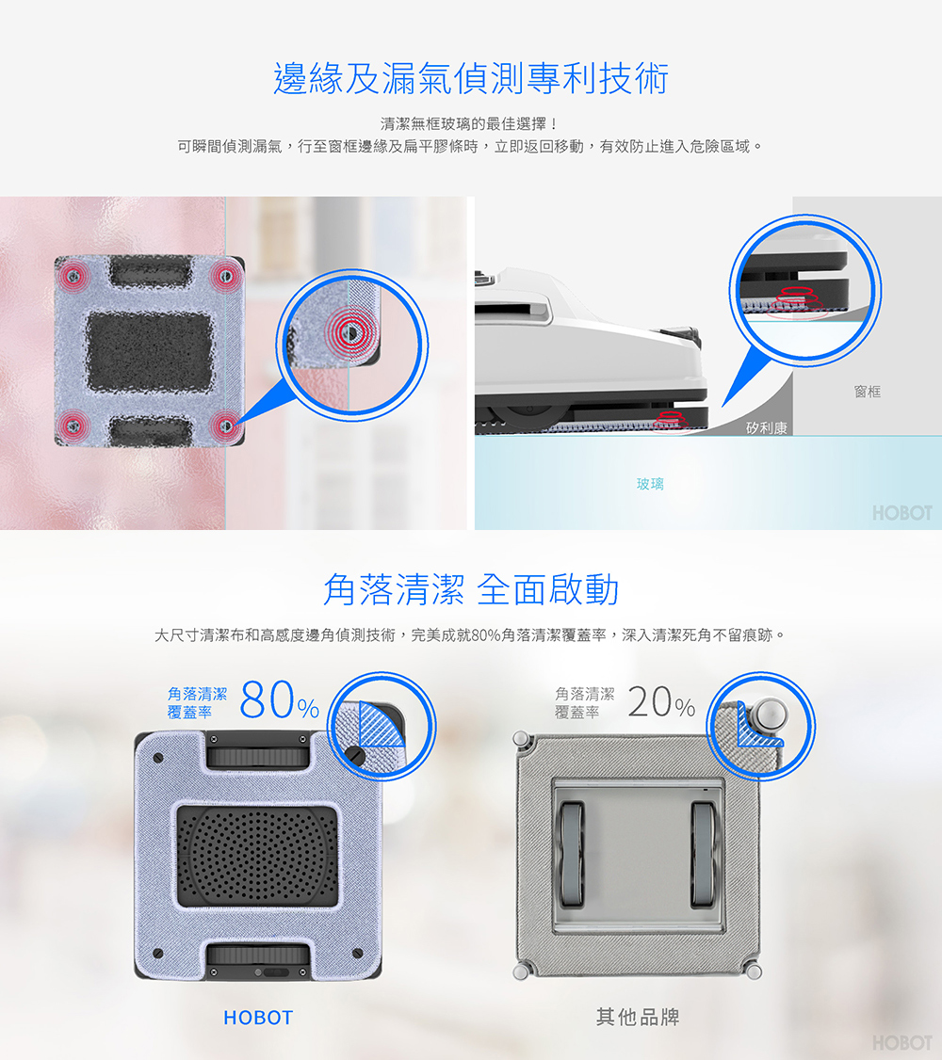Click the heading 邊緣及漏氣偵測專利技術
tap(471, 78)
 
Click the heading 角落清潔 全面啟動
tap(471, 588)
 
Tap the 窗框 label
tap(867, 392)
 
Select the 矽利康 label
tap(766, 428)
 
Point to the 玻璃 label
tap(650, 484)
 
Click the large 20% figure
tap(660, 702)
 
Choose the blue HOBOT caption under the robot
tap(258, 1018)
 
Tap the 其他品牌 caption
tap(638, 1017)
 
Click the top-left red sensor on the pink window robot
tap(74, 276)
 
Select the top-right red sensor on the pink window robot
tap(226, 276)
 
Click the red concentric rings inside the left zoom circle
tap(350, 331)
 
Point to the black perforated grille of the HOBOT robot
tap(258, 855)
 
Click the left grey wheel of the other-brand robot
tap(572, 854)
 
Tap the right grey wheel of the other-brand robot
tap(704, 854)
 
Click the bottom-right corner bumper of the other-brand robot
tap(754, 972)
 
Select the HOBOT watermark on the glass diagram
tap(902, 513)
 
